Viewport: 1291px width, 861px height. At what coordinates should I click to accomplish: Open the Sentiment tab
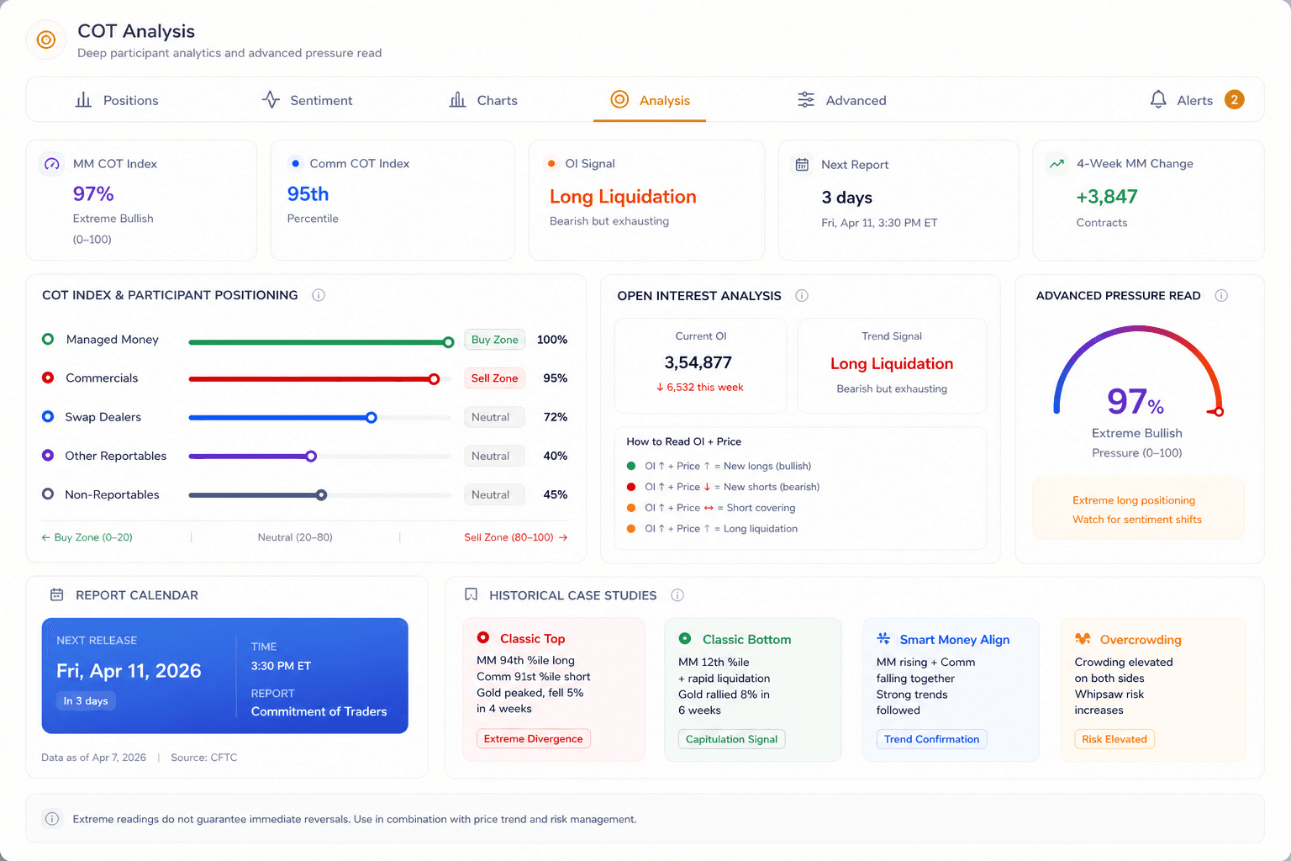tap(307, 100)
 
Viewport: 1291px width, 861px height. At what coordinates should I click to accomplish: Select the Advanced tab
tap(841, 100)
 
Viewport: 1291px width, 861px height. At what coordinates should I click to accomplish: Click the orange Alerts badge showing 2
tap(1234, 100)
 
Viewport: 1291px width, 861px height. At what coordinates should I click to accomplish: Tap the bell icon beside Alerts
tap(1158, 99)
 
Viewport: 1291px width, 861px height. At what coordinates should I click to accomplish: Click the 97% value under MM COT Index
tap(93, 193)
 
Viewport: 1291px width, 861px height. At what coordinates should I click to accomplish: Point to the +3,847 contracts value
tap(1107, 197)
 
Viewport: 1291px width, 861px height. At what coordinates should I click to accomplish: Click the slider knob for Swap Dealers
tap(371, 418)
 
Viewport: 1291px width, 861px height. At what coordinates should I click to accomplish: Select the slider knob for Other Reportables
tap(311, 457)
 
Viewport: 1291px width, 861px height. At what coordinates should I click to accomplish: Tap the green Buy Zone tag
tap(494, 340)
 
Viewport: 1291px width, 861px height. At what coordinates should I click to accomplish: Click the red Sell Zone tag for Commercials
tap(494, 378)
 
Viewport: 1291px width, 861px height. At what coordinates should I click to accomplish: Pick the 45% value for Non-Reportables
tap(555, 494)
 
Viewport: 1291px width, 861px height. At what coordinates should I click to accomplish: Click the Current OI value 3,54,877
tap(698, 362)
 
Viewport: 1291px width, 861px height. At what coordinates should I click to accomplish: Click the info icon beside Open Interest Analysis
tap(802, 295)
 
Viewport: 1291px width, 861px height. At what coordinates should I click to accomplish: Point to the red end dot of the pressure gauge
tap(1219, 412)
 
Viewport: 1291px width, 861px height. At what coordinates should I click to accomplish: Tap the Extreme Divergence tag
tap(533, 739)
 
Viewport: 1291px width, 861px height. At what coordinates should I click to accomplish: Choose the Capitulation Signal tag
tap(731, 739)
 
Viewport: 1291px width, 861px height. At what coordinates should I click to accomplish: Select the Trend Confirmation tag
tap(931, 739)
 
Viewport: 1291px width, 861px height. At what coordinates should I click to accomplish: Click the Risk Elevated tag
tap(1114, 739)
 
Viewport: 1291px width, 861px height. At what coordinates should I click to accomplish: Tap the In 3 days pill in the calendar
tap(86, 700)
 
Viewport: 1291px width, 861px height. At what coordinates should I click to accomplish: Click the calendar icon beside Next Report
tap(802, 164)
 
